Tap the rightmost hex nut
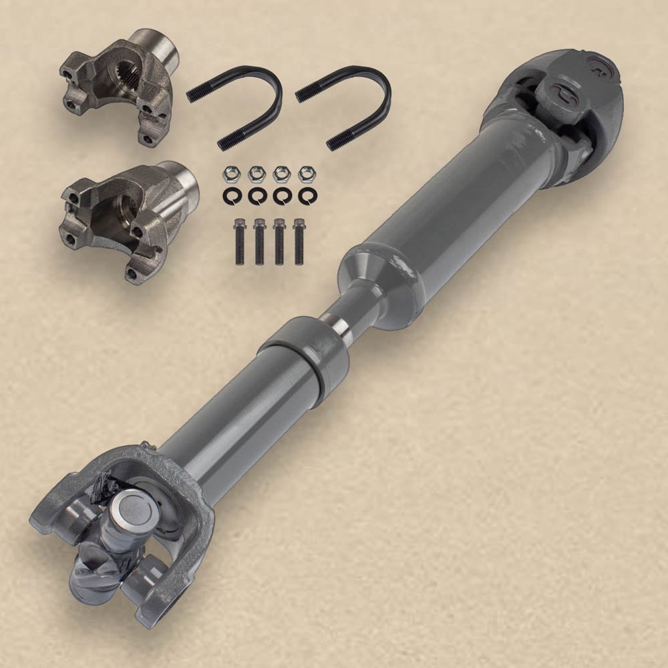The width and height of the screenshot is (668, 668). point(306,174)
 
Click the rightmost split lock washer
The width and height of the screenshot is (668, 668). point(306,196)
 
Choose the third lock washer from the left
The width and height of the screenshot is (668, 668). point(282,196)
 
